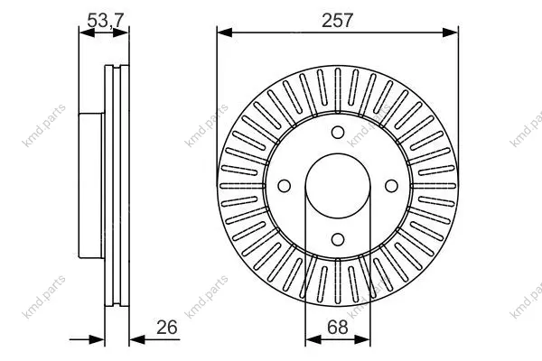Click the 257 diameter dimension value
[337, 21]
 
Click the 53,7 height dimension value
[105, 21]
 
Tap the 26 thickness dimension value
[166, 327]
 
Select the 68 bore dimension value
[337, 327]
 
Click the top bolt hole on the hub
[338, 133]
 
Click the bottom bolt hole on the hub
[338, 239]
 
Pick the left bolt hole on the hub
[285, 186]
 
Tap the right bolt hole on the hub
[391, 186]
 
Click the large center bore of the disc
[338, 186]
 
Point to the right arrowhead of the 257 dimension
[450, 32]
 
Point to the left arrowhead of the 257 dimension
[225, 32]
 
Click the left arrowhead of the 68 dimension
[313, 339]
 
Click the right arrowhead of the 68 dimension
[362, 339]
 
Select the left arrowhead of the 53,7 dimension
[87, 32]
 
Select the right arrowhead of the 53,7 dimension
[121, 32]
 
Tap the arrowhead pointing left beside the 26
[137, 339]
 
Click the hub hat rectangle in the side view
[91, 186]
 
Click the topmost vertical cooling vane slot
[338, 86]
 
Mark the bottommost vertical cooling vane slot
[338, 286]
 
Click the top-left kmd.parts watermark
[43, 125]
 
